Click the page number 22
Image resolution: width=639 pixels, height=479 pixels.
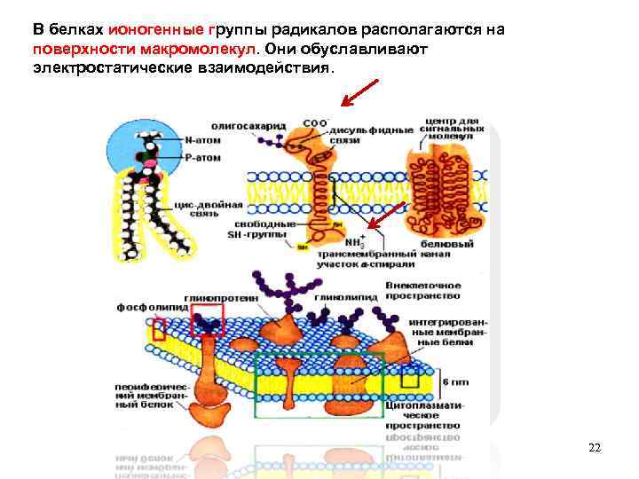click(595, 448)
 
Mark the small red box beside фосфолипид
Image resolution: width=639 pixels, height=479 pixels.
click(159, 330)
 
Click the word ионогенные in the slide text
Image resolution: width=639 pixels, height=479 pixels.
click(141, 29)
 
